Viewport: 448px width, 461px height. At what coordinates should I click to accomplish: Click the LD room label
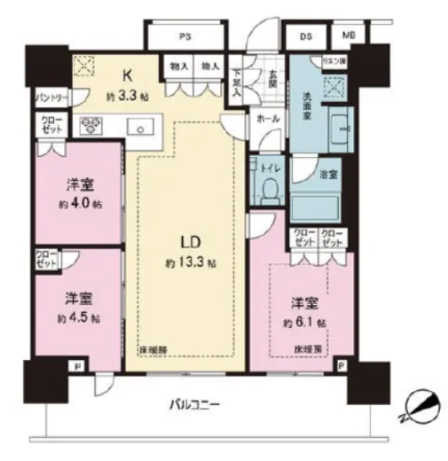[x=185, y=242]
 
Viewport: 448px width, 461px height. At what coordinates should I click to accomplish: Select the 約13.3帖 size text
[x=186, y=263]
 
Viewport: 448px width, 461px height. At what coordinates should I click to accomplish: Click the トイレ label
[x=268, y=165]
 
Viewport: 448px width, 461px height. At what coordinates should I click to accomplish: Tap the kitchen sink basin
[x=141, y=127]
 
